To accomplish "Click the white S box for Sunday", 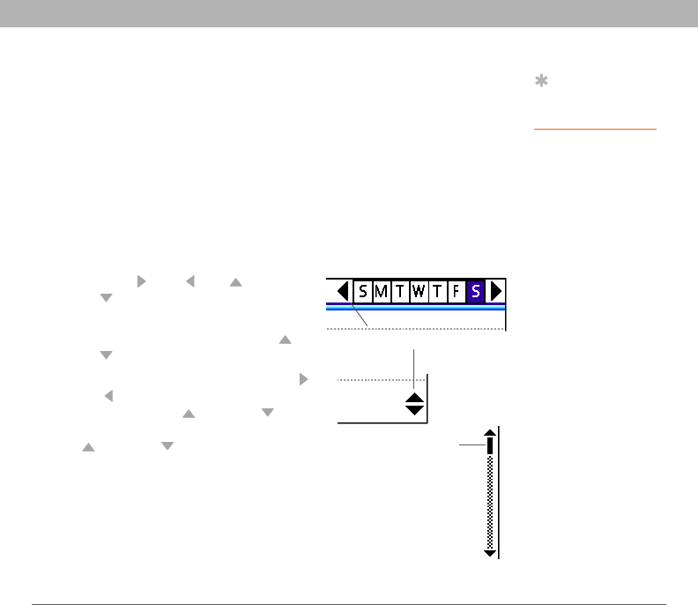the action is click(x=363, y=291).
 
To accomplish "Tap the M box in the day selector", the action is click(x=381, y=291).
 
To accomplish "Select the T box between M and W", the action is click(x=399, y=291).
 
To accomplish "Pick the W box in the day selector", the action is click(x=418, y=291).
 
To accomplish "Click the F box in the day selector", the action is click(x=456, y=291).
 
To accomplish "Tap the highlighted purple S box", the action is click(x=475, y=291).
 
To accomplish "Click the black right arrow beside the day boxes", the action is click(x=496, y=291).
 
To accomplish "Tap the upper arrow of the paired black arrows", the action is click(x=414, y=399).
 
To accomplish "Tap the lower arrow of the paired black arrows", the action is click(x=414, y=411).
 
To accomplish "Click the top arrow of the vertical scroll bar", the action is click(x=490, y=432).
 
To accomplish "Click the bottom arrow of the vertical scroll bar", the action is click(x=490, y=552).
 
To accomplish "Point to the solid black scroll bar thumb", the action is click(x=490, y=445).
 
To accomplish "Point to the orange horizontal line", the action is click(x=596, y=129).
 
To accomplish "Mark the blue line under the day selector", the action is click(x=415, y=307).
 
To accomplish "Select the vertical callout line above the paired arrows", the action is click(x=413, y=366).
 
